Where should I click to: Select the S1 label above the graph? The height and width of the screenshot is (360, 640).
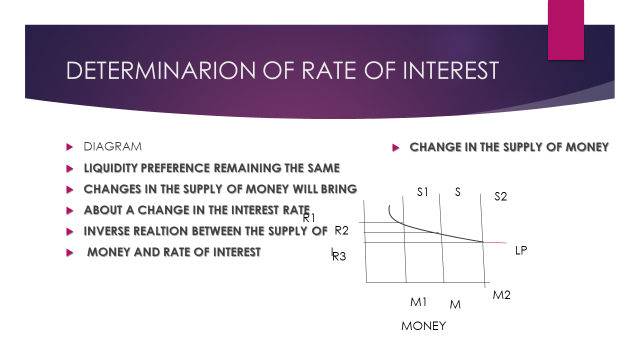point(423,192)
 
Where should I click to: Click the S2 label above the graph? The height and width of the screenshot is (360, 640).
point(501,197)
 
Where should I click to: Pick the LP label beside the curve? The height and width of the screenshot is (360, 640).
point(521,250)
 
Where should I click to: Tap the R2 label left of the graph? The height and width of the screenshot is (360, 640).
point(341,231)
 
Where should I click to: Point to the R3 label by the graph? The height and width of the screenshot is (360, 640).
point(339,257)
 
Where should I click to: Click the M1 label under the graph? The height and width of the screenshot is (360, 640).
point(418,301)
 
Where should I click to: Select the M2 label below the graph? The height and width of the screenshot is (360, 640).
point(502,295)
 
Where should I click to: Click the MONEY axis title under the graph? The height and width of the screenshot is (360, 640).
point(423,326)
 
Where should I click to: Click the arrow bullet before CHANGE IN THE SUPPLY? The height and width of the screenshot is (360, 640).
point(396,148)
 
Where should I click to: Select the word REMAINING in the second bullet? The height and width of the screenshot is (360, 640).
point(242,167)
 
